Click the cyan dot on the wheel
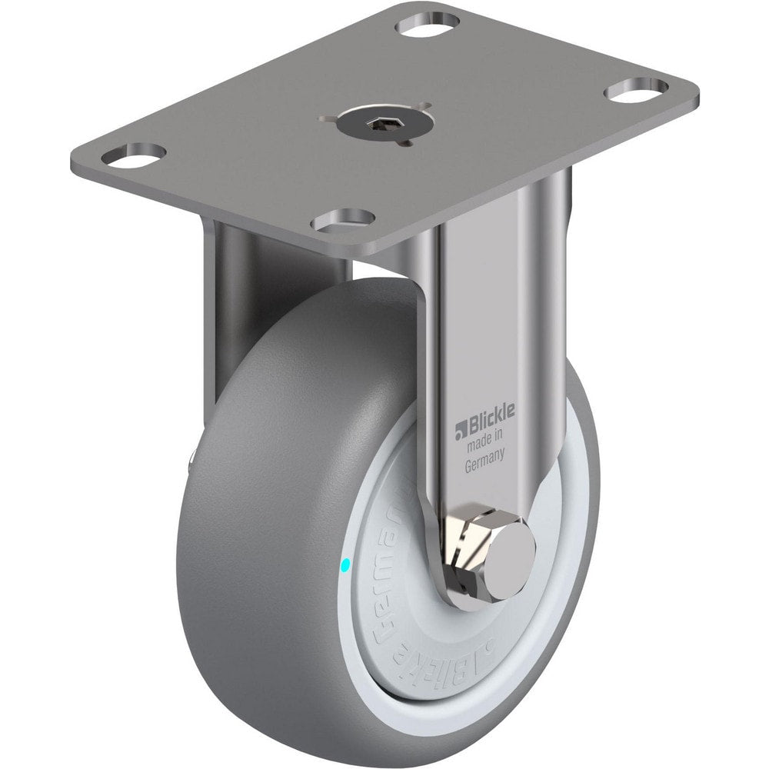(345, 566)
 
